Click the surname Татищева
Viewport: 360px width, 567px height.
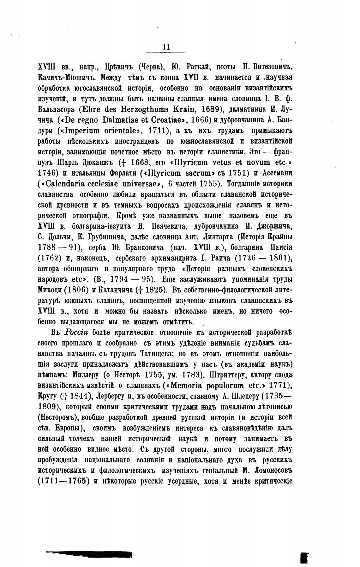pos(153,354)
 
